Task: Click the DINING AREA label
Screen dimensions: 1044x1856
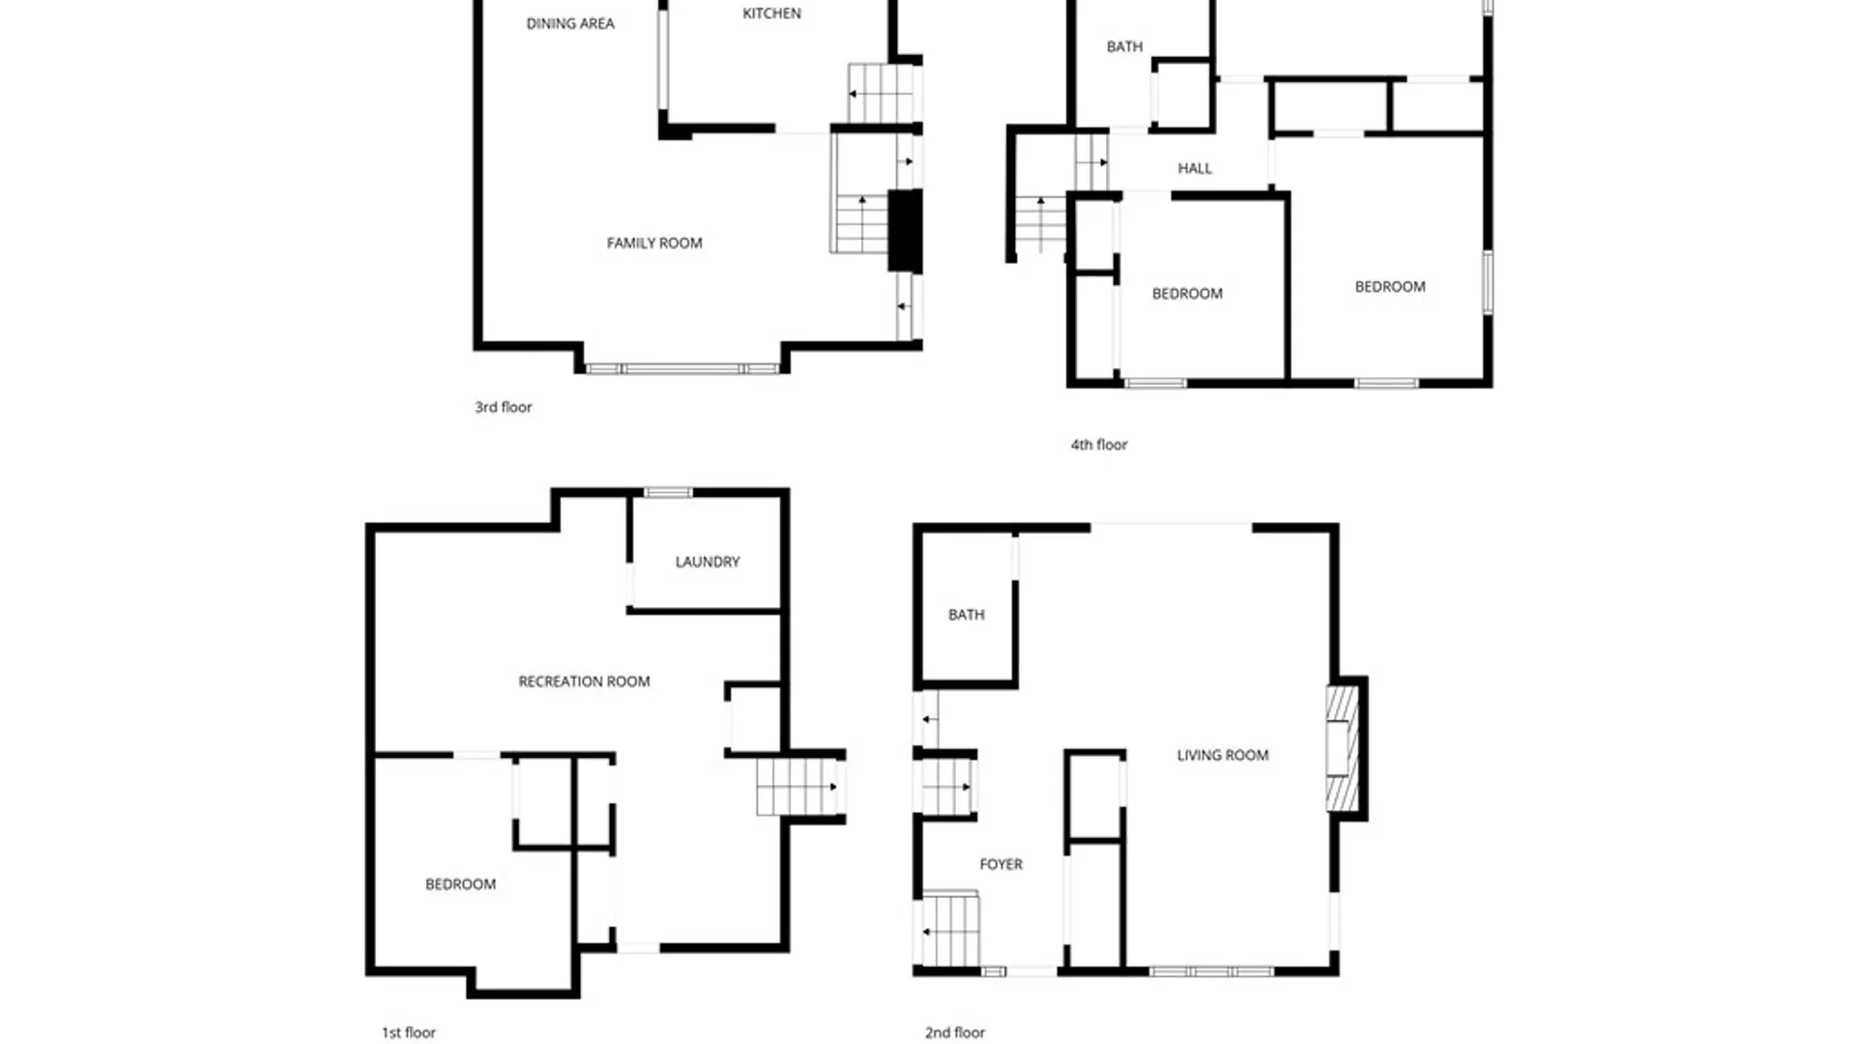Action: coord(570,24)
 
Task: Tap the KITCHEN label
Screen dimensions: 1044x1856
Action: coord(771,14)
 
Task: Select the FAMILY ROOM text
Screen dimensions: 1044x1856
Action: coord(654,244)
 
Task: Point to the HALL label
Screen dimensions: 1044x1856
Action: coord(1194,168)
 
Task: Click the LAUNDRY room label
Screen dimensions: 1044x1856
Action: coord(708,562)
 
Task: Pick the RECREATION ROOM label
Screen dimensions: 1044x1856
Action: coord(584,681)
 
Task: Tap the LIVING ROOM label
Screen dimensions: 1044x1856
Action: coord(1223,755)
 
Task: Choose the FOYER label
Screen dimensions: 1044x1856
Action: coord(1000,864)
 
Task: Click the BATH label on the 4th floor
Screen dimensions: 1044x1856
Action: coord(1124,46)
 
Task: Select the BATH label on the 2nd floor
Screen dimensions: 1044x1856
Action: coord(966,615)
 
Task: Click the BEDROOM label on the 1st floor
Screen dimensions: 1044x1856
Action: coord(460,884)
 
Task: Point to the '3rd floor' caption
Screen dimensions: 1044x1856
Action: coord(503,407)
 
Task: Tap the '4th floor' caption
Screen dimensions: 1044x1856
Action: coord(1098,445)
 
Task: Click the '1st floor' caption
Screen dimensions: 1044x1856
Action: coord(408,1032)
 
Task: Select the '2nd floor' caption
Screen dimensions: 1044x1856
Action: coord(954,1032)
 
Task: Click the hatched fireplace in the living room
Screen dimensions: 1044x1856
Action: coord(1341,748)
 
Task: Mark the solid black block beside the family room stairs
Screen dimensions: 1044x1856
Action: coord(904,230)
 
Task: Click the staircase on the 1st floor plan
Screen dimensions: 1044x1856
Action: coord(797,787)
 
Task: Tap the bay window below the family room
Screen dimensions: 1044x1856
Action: coord(682,368)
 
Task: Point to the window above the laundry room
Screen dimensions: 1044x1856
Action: coord(668,493)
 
